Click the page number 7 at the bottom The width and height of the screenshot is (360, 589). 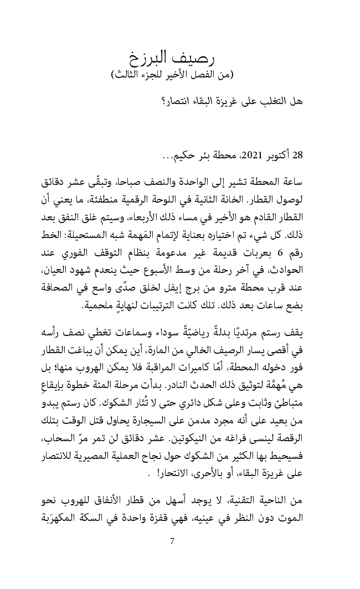tap(172, 541)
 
